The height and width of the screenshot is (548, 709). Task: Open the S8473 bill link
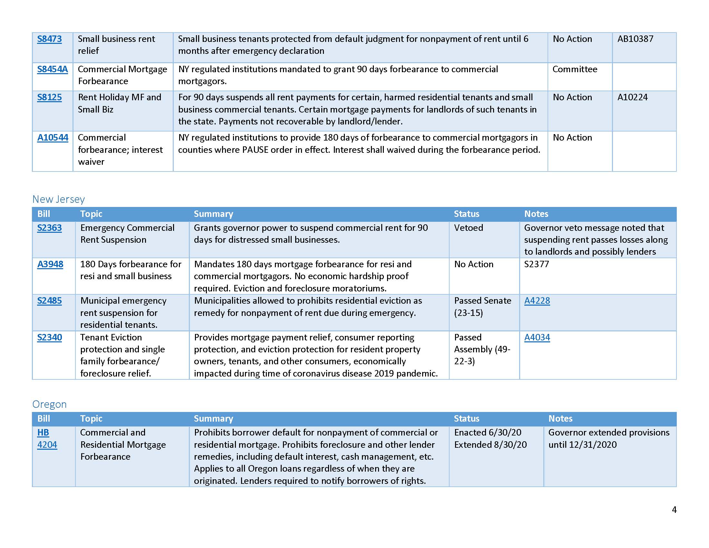[49, 39]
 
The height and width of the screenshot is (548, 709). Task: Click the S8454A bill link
[52, 69]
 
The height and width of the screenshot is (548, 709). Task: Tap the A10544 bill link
[53, 138]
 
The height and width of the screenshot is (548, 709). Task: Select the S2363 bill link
[49, 228]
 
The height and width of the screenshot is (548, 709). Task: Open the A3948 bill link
[50, 264]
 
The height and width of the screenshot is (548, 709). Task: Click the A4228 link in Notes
[537, 301]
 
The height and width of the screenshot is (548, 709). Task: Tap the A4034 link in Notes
[537, 337]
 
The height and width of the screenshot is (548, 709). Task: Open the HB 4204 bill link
[47, 439]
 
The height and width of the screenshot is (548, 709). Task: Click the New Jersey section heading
[58, 199]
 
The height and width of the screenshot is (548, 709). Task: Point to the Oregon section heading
[49, 404]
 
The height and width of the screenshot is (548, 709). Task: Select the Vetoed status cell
[469, 228]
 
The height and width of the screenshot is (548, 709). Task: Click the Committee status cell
[575, 69]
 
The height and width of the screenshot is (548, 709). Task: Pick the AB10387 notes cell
[635, 39]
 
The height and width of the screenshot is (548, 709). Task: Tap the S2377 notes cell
[536, 264]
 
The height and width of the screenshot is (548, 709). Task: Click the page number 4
[674, 510]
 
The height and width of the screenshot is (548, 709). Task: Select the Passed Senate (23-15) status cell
[482, 307]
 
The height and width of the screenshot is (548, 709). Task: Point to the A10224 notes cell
[632, 97]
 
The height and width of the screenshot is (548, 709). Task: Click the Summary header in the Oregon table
[213, 419]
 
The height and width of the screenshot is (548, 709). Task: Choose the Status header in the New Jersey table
[466, 214]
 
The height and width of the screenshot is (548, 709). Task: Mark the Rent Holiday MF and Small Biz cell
[119, 103]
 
